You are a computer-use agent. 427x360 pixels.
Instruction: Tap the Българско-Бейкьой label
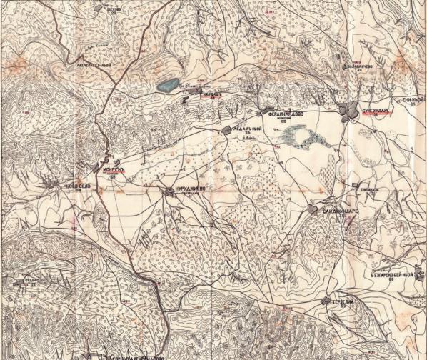[393, 273]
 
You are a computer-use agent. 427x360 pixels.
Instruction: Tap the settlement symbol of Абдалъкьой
[220, 129]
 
